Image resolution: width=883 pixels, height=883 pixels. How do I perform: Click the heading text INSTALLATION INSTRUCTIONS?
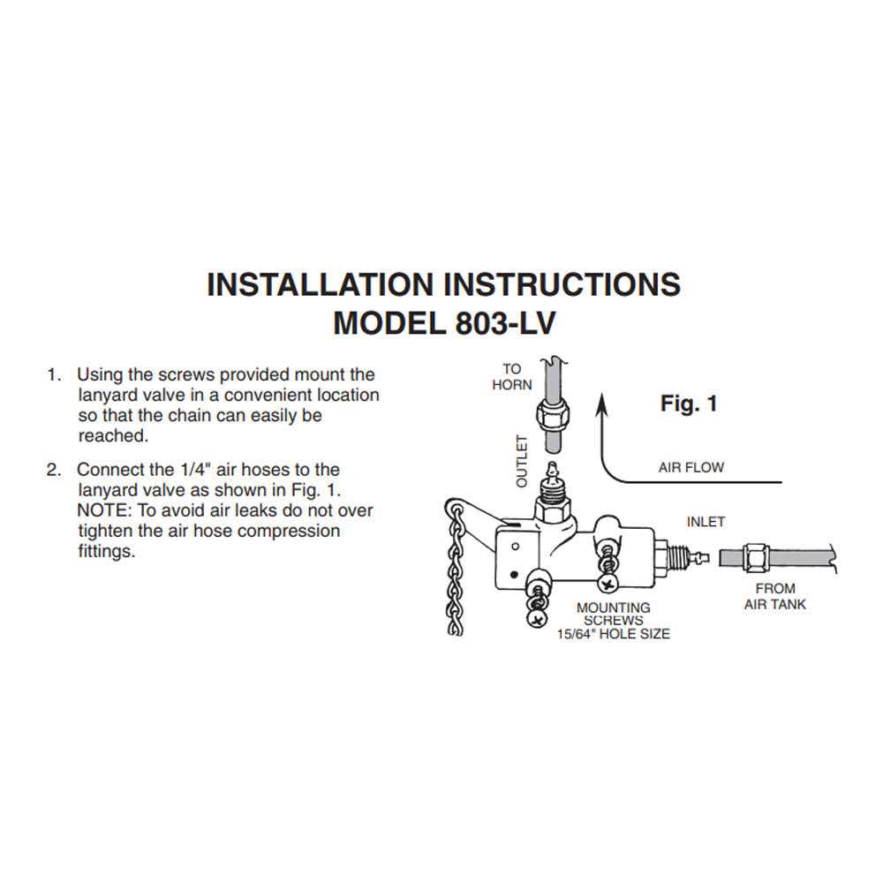pyautogui.click(x=443, y=284)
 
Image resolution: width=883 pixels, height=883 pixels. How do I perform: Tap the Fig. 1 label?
pyautogui.click(x=689, y=404)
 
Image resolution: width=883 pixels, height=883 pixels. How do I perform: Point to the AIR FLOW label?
pyautogui.click(x=691, y=467)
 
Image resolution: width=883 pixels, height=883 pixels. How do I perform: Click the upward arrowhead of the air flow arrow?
pyautogui.click(x=603, y=404)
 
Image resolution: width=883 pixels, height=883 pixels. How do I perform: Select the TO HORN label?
pyautogui.click(x=512, y=377)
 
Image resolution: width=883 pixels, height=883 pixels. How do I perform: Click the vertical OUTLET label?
pyautogui.click(x=521, y=461)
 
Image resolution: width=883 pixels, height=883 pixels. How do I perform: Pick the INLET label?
pyautogui.click(x=706, y=522)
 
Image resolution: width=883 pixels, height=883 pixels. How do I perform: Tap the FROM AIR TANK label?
pyautogui.click(x=775, y=596)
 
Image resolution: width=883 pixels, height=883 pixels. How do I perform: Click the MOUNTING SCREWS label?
pyautogui.click(x=613, y=614)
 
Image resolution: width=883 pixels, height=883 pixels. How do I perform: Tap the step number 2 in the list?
pyautogui.click(x=52, y=470)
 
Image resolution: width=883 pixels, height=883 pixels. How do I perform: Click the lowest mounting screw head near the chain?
pyautogui.click(x=536, y=620)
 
